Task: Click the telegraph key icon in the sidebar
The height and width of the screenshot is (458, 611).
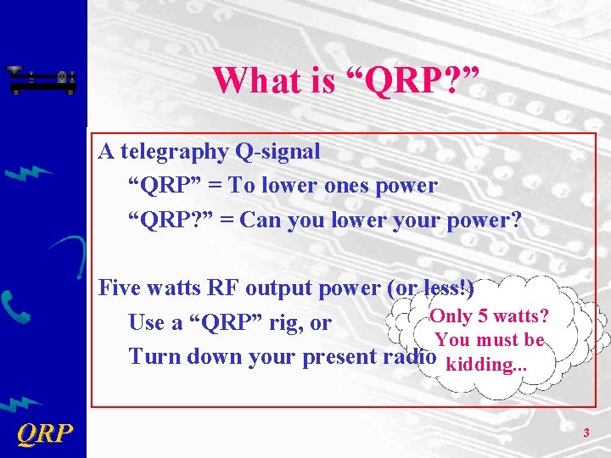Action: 42,80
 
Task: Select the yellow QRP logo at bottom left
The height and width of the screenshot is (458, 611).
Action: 44,434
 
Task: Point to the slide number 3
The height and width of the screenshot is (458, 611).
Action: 586,434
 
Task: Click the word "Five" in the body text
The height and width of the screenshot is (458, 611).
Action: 120,288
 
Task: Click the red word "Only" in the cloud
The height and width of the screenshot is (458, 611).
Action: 450,316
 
